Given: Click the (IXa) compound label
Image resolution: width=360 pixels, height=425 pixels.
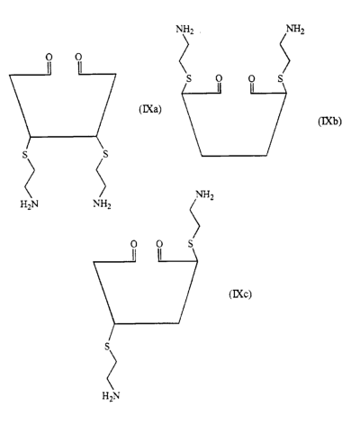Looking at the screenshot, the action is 150,110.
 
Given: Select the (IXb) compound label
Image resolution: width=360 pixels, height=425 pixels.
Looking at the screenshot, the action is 329,122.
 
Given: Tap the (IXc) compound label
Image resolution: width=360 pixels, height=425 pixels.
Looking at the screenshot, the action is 240,294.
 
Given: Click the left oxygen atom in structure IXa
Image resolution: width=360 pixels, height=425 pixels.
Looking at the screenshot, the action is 49,57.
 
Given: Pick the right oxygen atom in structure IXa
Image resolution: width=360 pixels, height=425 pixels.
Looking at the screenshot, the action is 78,57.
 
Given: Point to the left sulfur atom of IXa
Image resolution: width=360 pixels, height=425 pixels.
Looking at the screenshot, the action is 24,155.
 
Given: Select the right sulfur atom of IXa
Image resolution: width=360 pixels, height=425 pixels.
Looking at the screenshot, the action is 105,155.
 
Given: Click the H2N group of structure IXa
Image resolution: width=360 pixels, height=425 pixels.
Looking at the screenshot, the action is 29,204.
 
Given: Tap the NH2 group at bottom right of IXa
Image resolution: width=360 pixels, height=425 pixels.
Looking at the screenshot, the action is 102,204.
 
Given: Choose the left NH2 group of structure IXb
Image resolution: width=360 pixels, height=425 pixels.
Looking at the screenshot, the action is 184,30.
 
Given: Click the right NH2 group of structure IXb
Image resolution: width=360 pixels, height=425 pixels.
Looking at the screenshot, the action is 295,30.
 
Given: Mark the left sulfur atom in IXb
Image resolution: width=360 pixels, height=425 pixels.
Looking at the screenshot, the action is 188,79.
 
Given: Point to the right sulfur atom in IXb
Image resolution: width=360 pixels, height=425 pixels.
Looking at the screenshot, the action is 280,79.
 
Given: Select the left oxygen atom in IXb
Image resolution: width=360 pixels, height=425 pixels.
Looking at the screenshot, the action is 219,78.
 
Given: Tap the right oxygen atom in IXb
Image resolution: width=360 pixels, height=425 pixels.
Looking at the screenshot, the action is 252,78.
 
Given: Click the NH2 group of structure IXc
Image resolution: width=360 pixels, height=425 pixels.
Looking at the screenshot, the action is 204,195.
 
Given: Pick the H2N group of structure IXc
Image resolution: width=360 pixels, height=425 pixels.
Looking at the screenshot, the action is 111,396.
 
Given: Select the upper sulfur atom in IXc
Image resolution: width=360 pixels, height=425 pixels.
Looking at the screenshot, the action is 191,243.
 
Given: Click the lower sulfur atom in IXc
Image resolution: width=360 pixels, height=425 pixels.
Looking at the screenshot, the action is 107,347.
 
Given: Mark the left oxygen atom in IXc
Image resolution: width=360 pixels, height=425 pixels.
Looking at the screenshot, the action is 134,244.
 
